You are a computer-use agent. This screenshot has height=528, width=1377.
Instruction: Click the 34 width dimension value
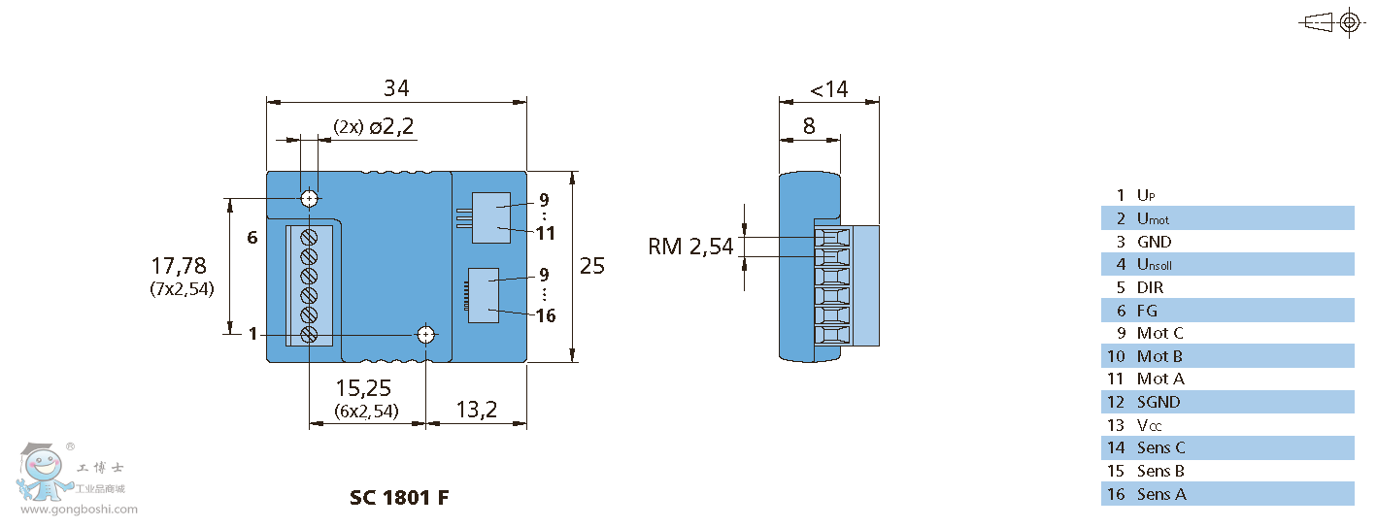point(396,88)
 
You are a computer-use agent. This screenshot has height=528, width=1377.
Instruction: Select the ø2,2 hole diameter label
point(391,126)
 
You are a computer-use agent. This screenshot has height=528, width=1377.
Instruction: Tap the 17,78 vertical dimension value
point(179,266)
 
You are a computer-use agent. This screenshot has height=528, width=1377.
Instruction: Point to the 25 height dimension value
point(592,266)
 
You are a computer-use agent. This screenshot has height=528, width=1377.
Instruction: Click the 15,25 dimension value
point(363,388)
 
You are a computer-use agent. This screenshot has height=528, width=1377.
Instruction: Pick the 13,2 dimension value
point(477,410)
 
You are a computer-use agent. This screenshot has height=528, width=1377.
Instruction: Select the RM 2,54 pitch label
point(691,247)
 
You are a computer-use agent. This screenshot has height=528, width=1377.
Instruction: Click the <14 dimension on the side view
point(829,89)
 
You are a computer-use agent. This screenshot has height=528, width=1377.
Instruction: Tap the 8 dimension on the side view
point(809,126)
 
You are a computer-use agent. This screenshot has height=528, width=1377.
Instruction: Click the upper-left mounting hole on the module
point(309,199)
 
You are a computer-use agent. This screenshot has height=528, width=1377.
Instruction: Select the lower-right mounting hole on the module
point(426,335)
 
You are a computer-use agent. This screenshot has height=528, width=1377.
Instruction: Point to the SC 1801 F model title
point(399,497)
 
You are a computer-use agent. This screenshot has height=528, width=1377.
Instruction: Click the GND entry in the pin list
point(1154,242)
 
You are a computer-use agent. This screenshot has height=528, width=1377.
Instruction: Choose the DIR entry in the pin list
point(1150,287)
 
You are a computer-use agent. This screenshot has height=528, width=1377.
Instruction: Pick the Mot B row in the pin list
point(1227,356)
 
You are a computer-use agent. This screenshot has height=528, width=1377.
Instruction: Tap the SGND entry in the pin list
point(1159,402)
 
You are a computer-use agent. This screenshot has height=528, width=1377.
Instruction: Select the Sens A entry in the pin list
point(1161,494)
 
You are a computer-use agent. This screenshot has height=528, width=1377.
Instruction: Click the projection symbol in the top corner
point(1331,23)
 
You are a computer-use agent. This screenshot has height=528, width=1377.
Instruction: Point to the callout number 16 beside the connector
point(546,316)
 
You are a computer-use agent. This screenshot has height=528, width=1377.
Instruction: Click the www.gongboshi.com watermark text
point(80,510)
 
